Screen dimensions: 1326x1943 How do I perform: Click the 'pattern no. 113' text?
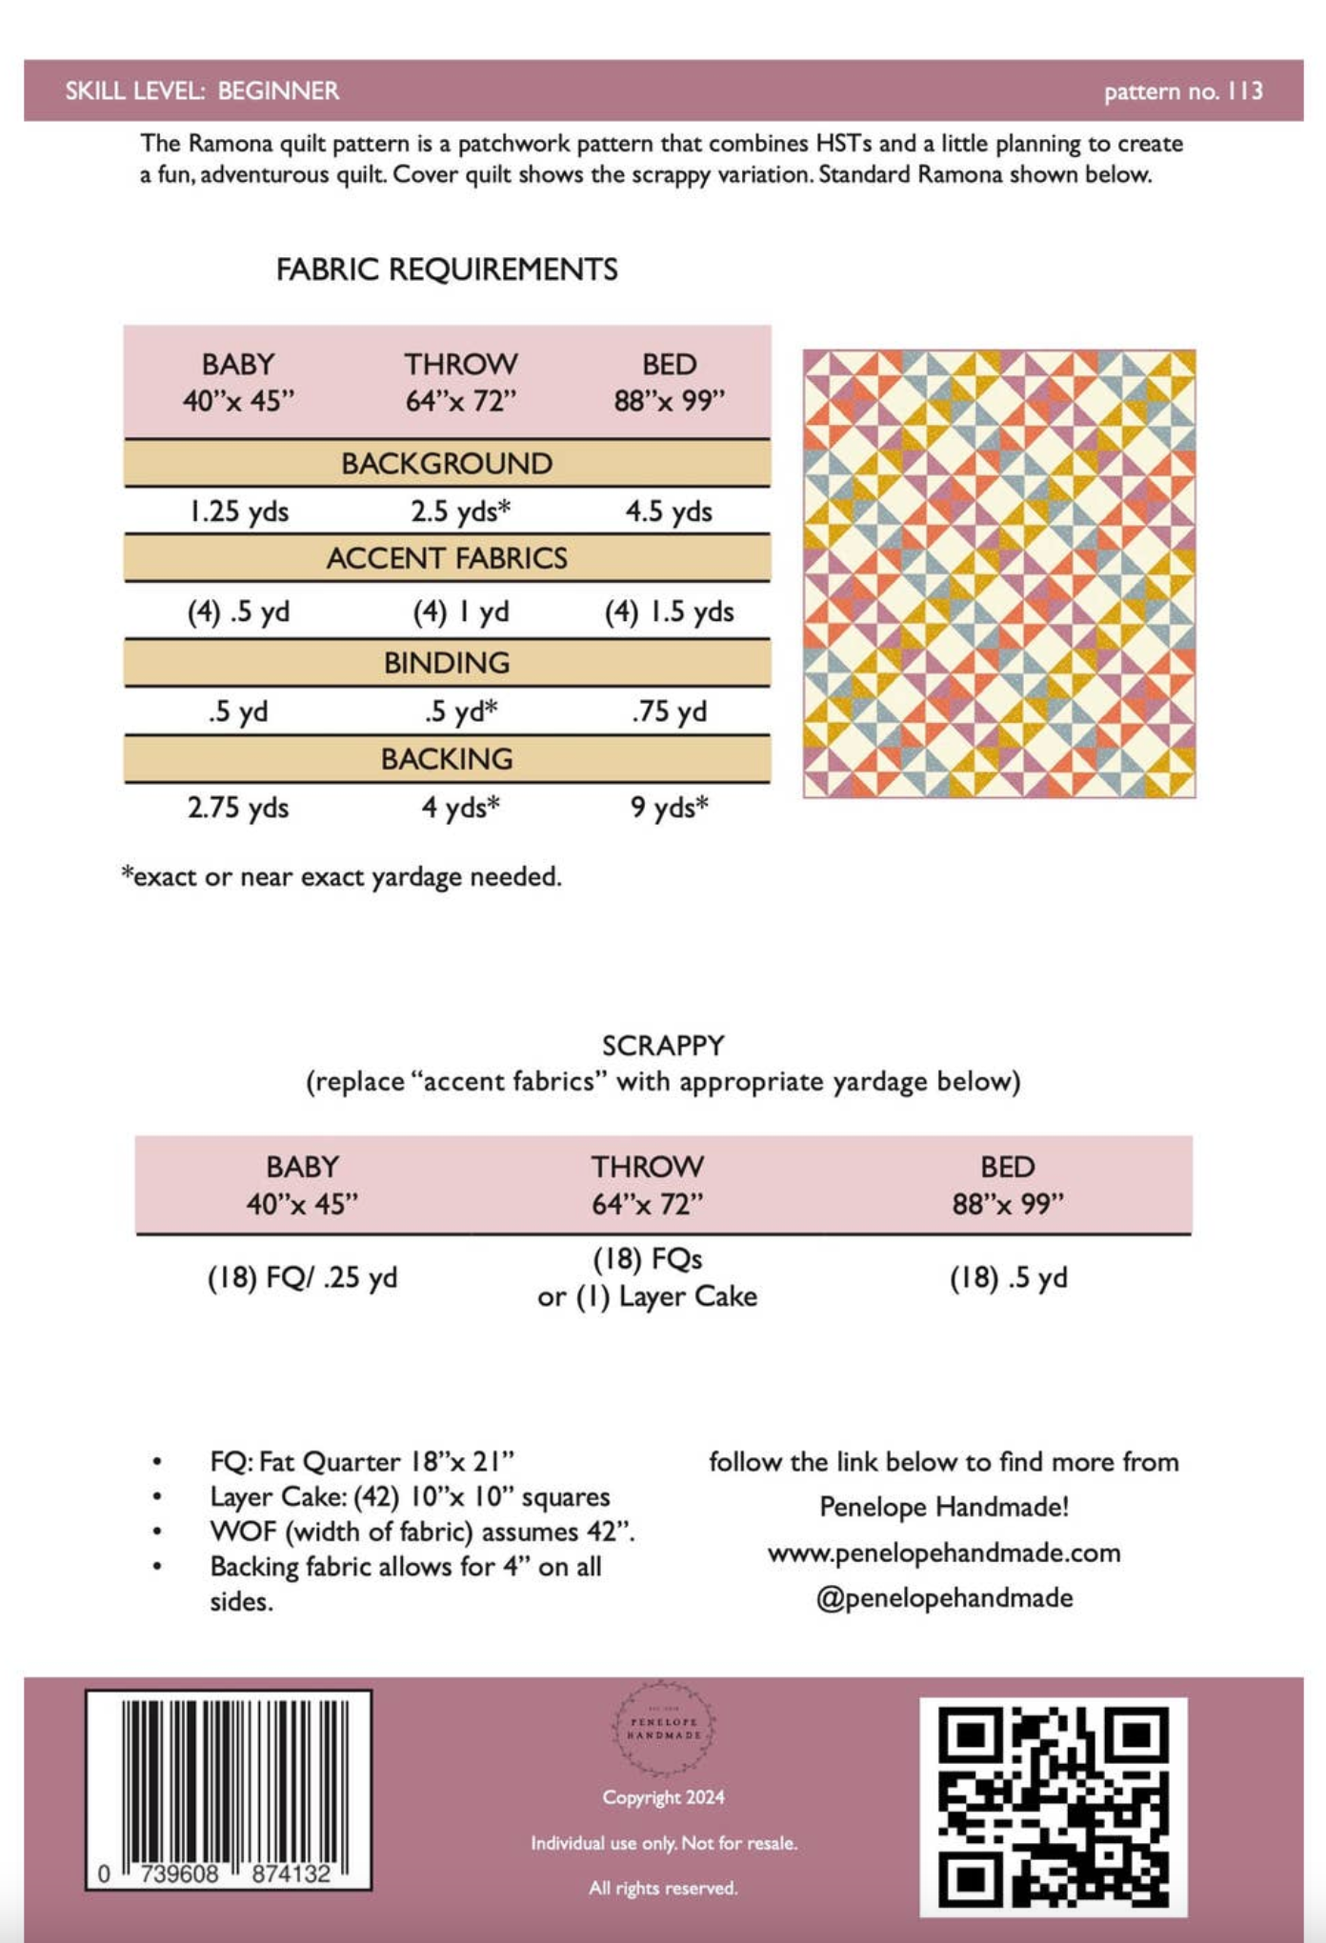(x=1183, y=91)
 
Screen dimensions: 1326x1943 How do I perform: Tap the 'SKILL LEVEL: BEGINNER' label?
(x=202, y=91)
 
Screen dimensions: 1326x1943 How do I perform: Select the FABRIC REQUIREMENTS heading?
(x=447, y=270)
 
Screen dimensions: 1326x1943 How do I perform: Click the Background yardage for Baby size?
(x=238, y=511)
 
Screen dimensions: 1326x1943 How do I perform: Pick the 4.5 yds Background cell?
(x=669, y=511)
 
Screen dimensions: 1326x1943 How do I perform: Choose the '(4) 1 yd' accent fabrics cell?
(x=461, y=611)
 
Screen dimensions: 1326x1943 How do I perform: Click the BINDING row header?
(x=447, y=663)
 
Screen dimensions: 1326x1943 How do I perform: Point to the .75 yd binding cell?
(x=669, y=711)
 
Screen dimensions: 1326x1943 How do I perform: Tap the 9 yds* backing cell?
(x=669, y=808)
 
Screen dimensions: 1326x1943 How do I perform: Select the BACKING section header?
(x=447, y=759)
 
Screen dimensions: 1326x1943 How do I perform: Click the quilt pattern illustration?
(x=998, y=573)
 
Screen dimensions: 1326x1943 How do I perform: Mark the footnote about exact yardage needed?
(x=342, y=876)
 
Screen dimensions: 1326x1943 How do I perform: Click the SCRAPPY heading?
(x=663, y=1046)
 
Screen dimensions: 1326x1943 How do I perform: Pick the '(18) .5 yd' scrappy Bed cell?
(x=1008, y=1278)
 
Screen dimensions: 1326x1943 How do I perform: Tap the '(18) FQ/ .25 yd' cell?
(x=302, y=1278)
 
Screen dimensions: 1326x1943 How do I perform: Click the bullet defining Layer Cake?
(x=410, y=1497)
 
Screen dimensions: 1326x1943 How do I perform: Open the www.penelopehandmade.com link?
(x=944, y=1553)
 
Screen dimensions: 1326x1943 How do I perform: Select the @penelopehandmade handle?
(x=944, y=1598)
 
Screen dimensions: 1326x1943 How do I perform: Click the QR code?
(x=1053, y=1807)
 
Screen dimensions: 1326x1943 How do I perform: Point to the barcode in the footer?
(x=229, y=1789)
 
